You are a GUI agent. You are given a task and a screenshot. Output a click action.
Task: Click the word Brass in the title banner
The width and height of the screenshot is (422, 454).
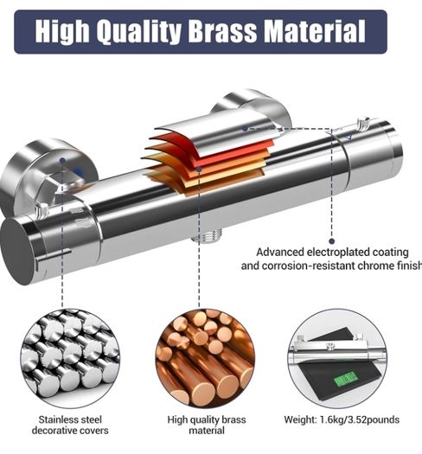pos(223,31)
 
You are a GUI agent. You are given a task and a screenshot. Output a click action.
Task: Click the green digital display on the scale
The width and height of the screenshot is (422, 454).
pos(345,379)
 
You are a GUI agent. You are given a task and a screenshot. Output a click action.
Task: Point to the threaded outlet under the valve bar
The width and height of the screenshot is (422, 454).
pos(207,235)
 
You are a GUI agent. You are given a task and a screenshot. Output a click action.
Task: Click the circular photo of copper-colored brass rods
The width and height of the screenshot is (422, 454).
pos(205,358)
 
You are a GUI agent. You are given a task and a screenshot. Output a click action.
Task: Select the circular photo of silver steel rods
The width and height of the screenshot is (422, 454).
pos(70,358)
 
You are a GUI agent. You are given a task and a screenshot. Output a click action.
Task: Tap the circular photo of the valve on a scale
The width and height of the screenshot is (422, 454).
pos(337,358)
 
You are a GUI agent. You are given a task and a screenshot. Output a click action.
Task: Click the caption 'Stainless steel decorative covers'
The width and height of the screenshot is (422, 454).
pos(70,425)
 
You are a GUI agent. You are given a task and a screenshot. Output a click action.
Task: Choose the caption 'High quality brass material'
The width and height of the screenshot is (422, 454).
pos(207,425)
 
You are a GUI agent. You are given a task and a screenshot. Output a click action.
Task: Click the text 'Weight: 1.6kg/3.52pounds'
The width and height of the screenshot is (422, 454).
pos(342,419)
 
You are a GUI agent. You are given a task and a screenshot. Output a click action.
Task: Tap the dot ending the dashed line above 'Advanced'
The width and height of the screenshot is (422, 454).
pos(332,241)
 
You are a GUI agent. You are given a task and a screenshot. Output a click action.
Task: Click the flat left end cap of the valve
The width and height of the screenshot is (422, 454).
pos(16,252)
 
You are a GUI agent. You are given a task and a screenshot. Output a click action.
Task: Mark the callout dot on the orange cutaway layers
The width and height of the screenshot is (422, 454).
pos(199,169)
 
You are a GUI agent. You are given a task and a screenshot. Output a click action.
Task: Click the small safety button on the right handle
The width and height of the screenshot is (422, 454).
pos(362,123)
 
